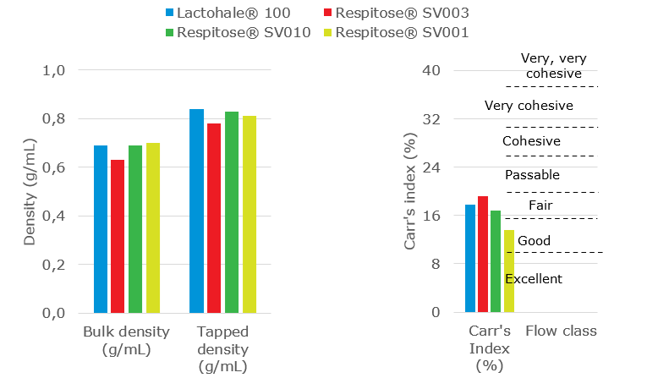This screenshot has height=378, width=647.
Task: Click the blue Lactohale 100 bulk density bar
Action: [101, 229]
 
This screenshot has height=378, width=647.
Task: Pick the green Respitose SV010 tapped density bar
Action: [232, 211]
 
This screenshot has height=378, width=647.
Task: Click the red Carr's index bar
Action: [483, 255]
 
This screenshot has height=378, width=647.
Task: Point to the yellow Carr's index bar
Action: [509, 271]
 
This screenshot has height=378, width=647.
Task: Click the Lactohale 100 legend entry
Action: [236, 14]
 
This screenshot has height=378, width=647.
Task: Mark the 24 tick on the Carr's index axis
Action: [432, 167]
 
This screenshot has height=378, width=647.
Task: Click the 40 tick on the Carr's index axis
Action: [432, 70]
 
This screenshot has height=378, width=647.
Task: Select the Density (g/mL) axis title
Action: [30, 191]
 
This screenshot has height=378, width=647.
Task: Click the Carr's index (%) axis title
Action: [410, 191]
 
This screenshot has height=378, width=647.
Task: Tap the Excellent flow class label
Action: [533, 279]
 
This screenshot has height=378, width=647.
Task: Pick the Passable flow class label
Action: [532, 175]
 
